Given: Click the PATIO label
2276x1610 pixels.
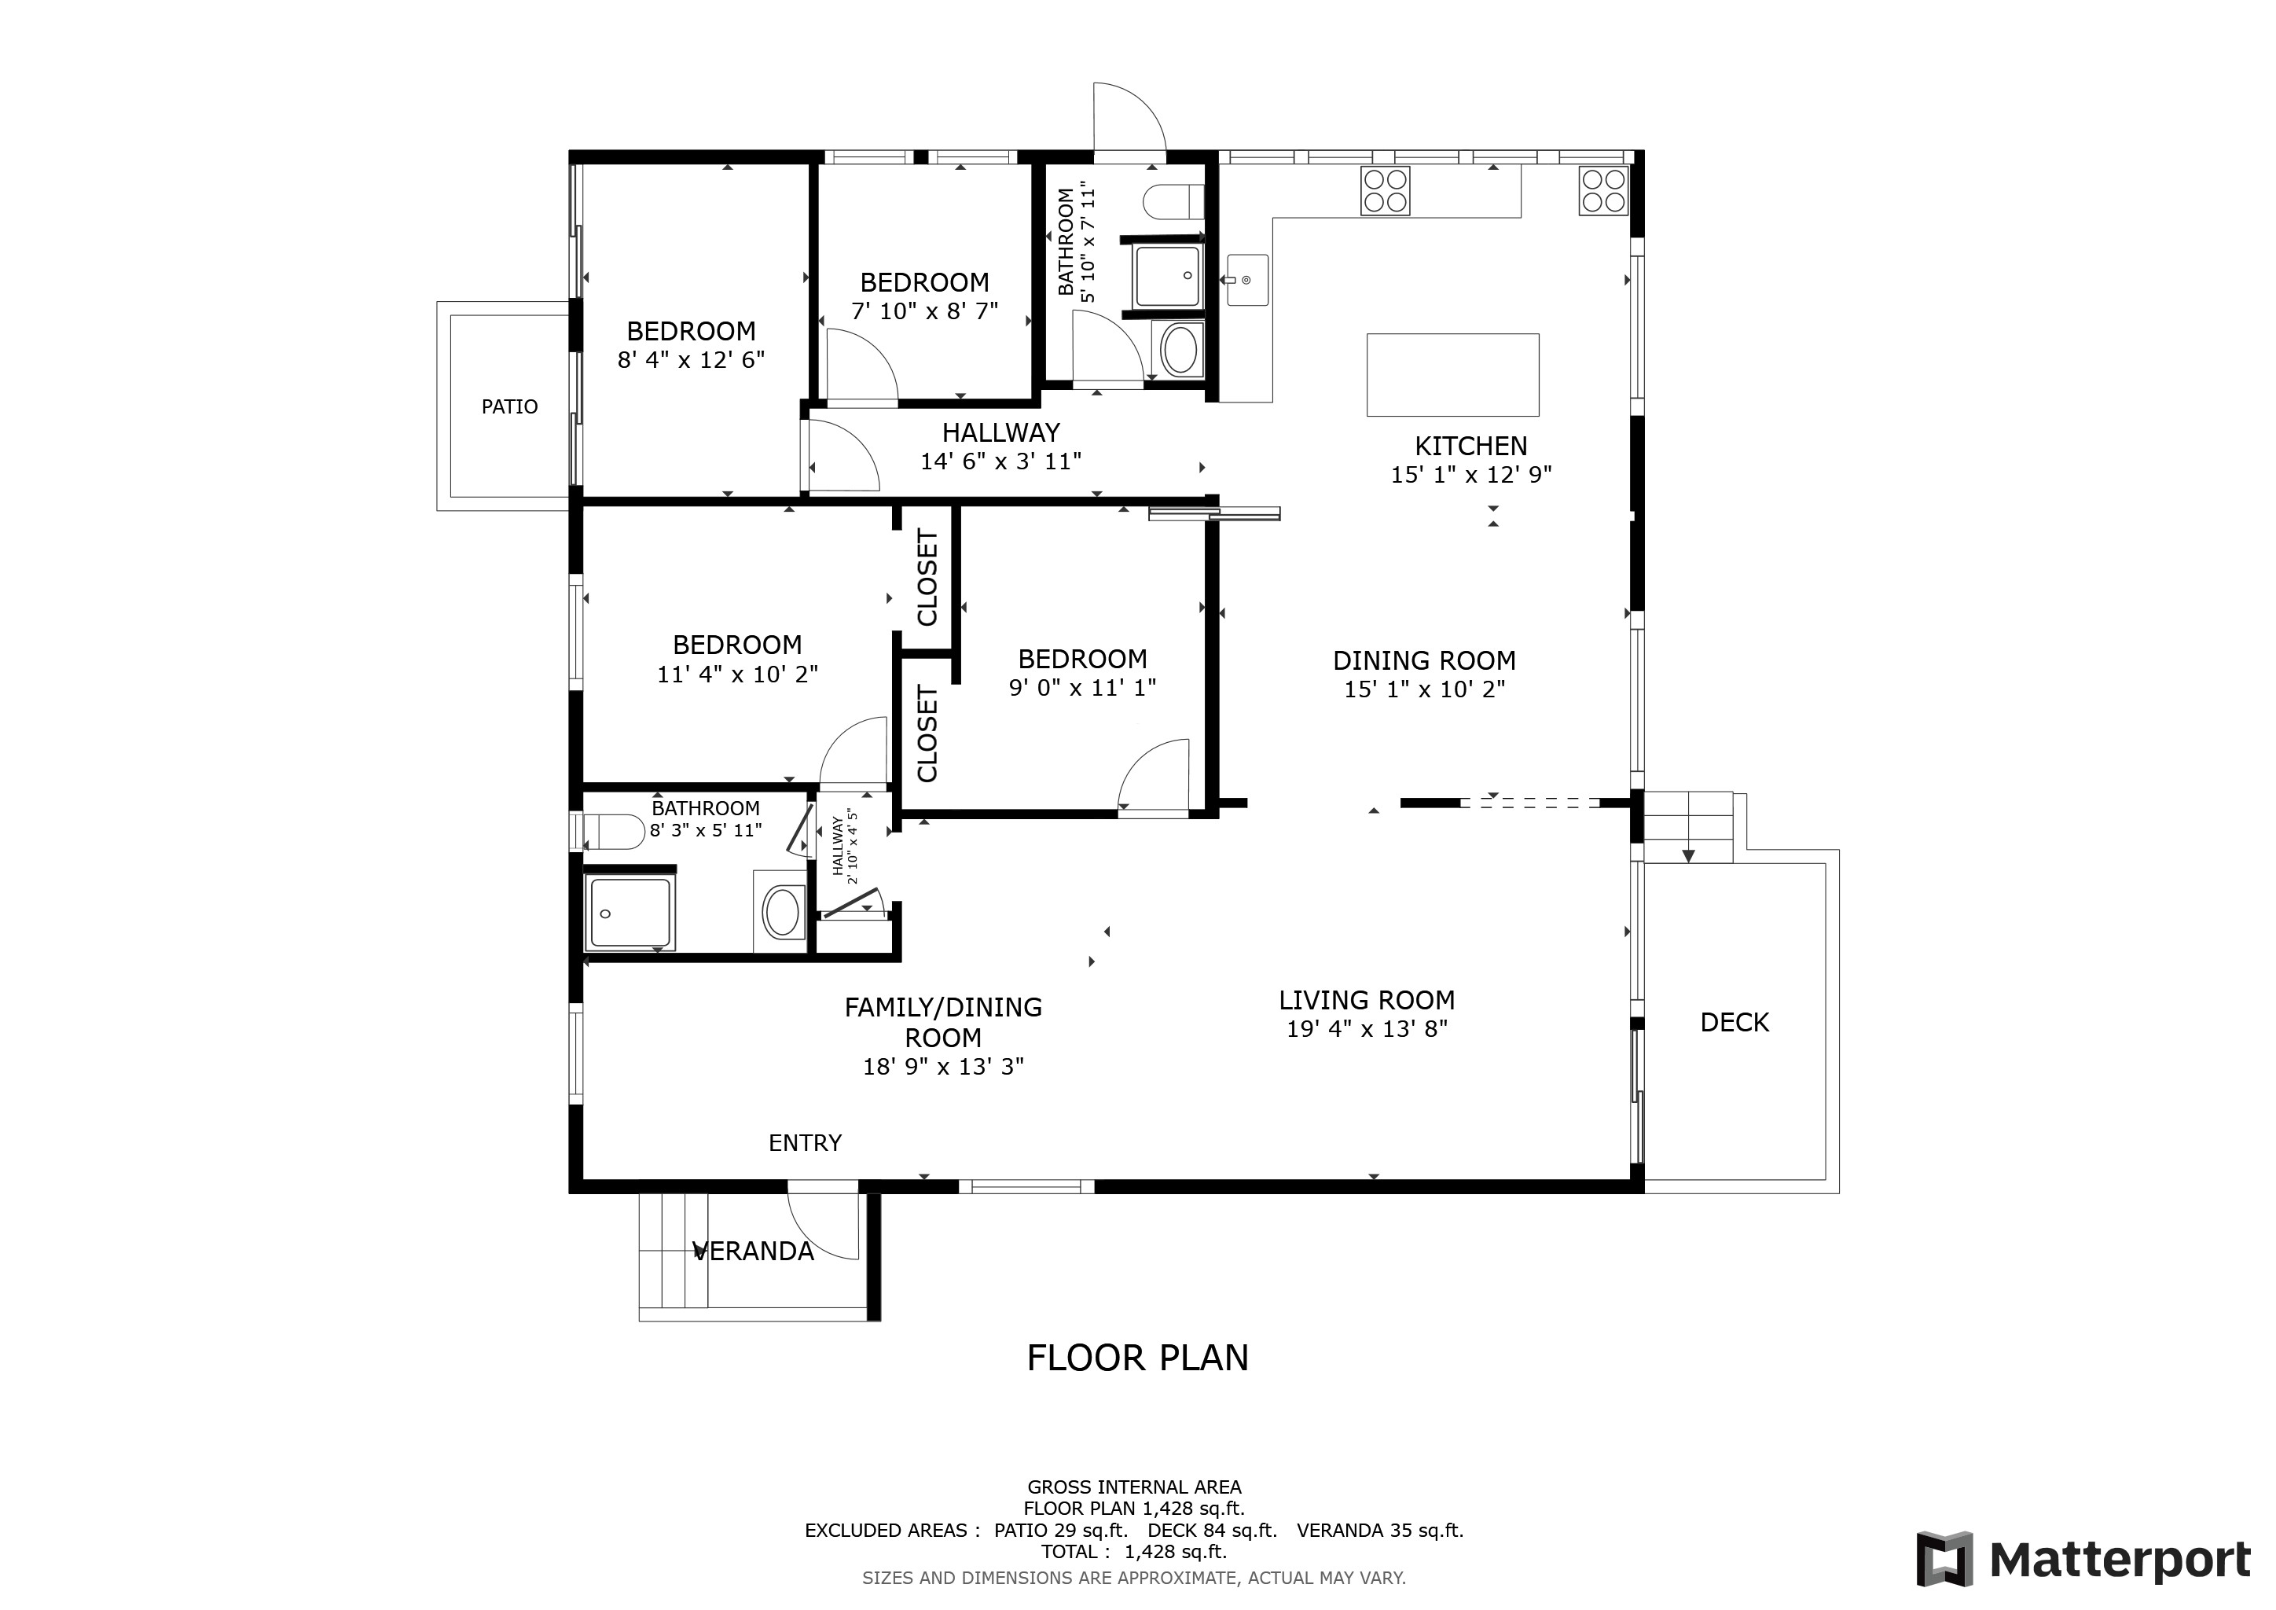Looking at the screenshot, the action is (x=509, y=406).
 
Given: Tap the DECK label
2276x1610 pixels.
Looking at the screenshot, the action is (x=1734, y=1022).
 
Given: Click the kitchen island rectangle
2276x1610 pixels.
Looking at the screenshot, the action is (x=1452, y=375).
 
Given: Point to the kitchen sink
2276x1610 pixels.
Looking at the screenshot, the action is (x=1247, y=280).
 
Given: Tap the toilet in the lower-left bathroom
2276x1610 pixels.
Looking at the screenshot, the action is (x=614, y=832).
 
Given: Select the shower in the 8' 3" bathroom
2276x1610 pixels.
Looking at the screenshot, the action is (x=630, y=912).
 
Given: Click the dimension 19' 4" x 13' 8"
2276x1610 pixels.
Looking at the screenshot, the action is (x=1367, y=1029).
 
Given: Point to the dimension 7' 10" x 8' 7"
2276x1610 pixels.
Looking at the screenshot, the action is (x=924, y=311).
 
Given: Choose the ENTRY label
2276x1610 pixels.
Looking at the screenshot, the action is (x=805, y=1143).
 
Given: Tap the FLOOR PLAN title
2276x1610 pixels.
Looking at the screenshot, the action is (x=1138, y=1358).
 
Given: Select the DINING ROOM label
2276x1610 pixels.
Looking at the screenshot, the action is (x=1425, y=661).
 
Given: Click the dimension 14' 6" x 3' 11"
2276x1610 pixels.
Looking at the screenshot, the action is (x=1000, y=461).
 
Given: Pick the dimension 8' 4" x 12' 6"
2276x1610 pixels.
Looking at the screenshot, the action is (x=691, y=360).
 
